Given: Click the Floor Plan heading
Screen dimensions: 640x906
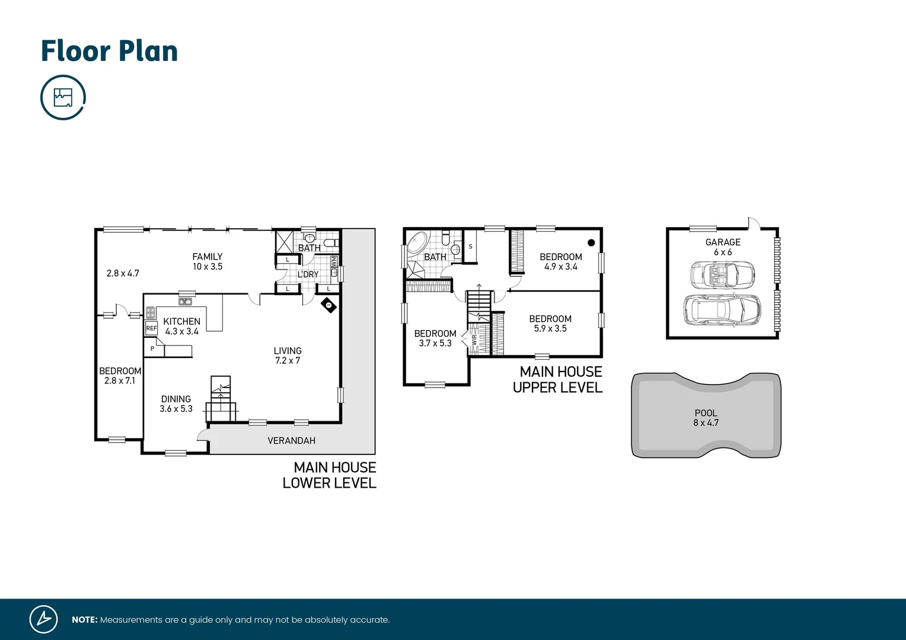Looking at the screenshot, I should point(109,51).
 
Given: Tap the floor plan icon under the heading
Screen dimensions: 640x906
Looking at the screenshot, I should point(63,97).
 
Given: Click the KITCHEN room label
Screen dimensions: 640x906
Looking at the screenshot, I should point(181,321).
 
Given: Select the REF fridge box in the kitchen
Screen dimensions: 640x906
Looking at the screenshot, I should point(152,328).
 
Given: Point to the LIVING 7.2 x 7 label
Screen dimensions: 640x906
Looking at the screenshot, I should point(288,356).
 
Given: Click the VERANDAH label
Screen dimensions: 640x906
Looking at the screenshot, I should point(291,441).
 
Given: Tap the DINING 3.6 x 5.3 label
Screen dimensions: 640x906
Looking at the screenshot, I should point(176,404).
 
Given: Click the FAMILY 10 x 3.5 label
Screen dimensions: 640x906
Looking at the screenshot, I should point(207,261).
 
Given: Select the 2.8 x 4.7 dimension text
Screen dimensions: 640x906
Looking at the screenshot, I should point(123,273).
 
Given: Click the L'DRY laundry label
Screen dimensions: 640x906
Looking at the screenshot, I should point(308,274).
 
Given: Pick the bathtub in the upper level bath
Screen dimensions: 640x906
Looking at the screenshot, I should point(417,243).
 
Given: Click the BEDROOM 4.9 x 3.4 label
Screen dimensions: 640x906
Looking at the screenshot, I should point(560,261).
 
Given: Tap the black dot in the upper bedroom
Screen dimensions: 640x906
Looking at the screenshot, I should point(591,242).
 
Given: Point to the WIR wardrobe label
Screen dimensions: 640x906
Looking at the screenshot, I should point(474,340).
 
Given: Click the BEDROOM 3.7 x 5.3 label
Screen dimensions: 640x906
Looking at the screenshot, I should point(435,338).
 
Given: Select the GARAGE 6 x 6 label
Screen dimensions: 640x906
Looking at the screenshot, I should point(723,247).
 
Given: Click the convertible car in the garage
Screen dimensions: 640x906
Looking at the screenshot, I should point(722,274).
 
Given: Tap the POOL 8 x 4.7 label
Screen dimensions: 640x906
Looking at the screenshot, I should point(706,418).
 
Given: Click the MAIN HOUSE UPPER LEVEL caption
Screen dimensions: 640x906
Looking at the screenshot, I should point(558,379).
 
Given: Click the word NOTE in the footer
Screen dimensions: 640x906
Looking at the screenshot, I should point(84,620).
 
